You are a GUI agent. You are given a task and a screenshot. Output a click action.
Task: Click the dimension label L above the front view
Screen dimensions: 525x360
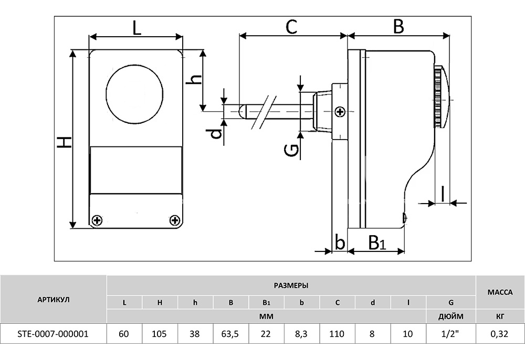136,28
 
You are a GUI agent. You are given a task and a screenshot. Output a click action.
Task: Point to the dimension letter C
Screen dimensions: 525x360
291,27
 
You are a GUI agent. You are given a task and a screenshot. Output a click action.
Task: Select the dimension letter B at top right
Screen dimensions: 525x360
398,26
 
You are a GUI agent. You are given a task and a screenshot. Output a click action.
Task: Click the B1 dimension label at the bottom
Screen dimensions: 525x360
377,243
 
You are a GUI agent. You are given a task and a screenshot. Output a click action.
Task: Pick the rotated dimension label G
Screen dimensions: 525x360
291,150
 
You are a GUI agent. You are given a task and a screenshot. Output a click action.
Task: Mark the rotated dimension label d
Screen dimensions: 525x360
217,133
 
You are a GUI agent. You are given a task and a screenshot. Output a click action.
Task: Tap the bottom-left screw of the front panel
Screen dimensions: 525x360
97,220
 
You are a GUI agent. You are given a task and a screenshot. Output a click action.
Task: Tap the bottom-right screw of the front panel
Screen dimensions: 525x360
174,220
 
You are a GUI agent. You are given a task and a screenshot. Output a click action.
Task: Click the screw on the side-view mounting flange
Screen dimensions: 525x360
340,112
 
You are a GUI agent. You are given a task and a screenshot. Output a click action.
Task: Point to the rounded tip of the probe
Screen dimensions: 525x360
243,111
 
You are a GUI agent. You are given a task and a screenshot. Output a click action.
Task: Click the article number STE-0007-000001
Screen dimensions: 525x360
53,334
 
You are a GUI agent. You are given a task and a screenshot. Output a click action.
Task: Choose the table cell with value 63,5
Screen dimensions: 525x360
230,334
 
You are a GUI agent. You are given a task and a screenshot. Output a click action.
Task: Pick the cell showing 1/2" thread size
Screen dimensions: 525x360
450,334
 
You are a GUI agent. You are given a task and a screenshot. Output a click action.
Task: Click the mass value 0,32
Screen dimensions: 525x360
500,334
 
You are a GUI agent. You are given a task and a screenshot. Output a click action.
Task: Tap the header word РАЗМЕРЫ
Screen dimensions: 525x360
291,285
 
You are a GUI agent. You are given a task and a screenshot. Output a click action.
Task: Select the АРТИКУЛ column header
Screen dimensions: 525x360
54,300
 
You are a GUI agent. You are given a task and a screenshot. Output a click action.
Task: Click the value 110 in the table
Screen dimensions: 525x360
337,334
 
